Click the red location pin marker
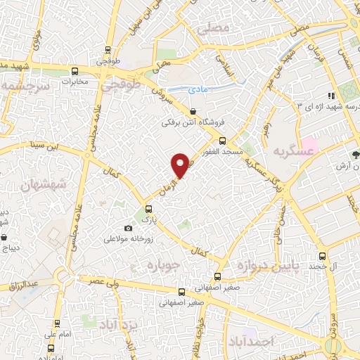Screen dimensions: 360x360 click(181, 165)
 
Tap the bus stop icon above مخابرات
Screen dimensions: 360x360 click(75, 71)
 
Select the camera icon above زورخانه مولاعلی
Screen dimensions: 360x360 click(127, 228)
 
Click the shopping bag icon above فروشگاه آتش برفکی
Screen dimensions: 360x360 click(193, 111)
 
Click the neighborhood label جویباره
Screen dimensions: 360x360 click(165, 266)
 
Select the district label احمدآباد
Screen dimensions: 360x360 click(250, 340)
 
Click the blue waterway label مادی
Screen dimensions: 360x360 click(198, 89)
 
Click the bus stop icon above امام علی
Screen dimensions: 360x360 click(56, 325)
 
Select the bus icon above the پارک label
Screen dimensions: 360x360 click(148, 208)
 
